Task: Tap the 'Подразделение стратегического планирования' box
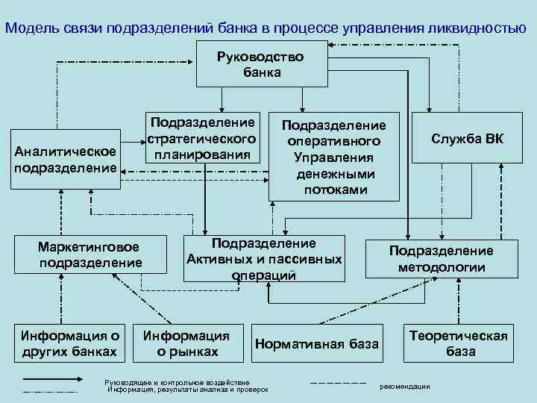tap(203, 138)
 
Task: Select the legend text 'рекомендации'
tap(405, 386)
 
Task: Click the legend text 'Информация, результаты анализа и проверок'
tap(187, 390)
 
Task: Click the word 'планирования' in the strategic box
tap(203, 154)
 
